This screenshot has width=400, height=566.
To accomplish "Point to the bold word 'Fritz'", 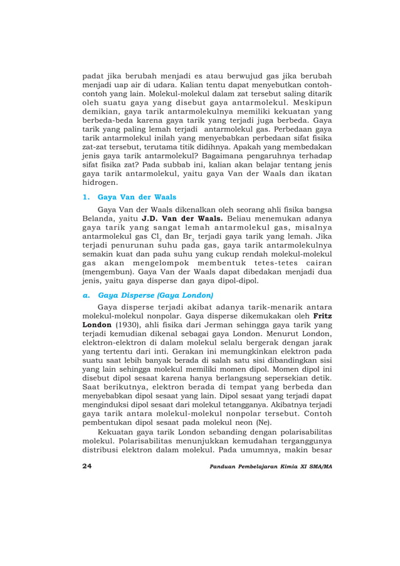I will [321, 316].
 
